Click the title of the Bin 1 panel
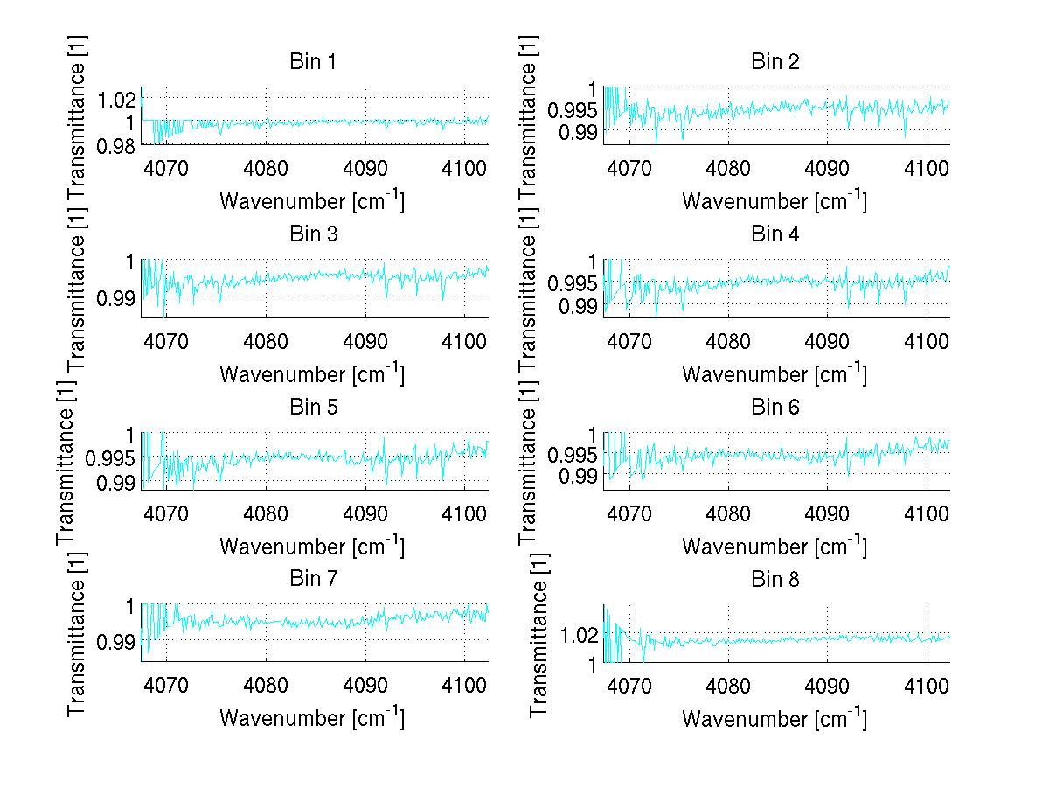(x=312, y=62)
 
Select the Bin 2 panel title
(x=775, y=62)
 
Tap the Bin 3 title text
(x=312, y=234)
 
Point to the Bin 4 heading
(x=775, y=234)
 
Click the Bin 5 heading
(x=312, y=407)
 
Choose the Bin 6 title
(x=775, y=407)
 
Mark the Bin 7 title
(x=312, y=579)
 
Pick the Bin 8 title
(x=775, y=579)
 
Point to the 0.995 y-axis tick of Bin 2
(x=572, y=110)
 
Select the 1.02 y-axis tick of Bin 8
(x=576, y=634)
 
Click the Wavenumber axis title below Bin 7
(x=311, y=718)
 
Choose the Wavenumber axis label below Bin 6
(x=774, y=546)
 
